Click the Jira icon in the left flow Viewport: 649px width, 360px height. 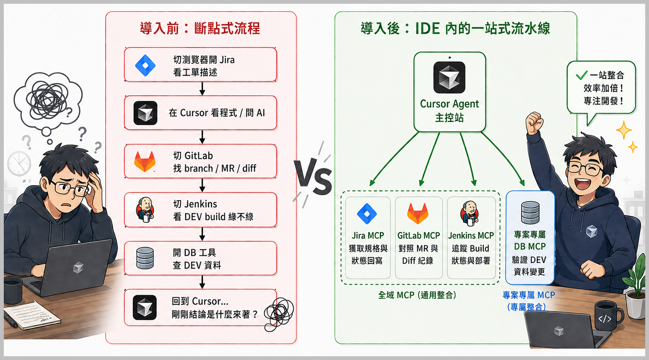click(145, 65)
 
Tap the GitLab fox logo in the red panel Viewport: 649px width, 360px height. click(145, 161)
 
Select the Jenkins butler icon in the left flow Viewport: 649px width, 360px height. click(145, 209)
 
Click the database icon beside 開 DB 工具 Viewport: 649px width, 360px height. click(145, 258)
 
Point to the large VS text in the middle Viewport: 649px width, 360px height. click(314, 177)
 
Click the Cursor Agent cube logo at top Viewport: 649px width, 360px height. click(449, 77)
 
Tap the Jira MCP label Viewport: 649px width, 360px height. click(368, 236)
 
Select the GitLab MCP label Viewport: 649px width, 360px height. click(419, 236)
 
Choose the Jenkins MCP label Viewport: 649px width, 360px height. click(471, 236)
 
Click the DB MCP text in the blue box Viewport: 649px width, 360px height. click(530, 247)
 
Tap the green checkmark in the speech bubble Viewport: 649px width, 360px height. click(581, 75)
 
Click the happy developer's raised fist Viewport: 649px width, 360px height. click(535, 122)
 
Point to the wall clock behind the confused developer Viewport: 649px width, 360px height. click(19, 163)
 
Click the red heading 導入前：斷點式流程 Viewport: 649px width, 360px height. click(200, 28)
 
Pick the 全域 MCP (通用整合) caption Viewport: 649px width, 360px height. click(417, 295)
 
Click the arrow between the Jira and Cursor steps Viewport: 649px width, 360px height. click(202, 89)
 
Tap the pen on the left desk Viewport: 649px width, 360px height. click(10, 319)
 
